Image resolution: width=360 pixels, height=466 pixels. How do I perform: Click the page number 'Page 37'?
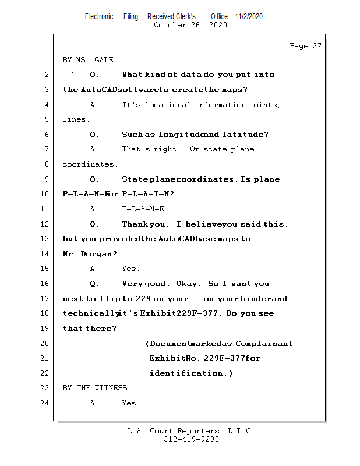pos(305,46)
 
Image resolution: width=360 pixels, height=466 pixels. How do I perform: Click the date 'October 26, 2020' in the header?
pos(190,25)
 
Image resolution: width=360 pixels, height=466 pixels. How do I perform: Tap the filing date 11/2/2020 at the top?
pos(249,16)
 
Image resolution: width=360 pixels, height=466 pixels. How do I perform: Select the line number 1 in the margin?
pos(47,60)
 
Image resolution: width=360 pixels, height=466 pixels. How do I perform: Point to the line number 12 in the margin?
pos(45,224)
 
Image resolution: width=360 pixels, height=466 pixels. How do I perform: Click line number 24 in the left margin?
pos(45,403)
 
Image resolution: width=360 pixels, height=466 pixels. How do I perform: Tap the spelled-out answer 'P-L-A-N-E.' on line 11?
pos(145,209)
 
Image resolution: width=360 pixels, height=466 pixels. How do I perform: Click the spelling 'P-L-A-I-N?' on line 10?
pos(146,194)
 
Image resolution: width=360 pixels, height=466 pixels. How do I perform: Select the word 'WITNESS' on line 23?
pos(111,388)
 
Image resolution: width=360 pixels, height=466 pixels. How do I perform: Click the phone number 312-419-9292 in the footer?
pos(191,439)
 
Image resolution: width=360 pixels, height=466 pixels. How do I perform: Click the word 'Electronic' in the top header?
pos(99,16)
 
